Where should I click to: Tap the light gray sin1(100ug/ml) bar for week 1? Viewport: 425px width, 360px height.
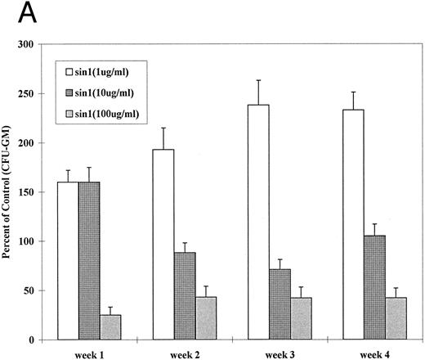111,327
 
